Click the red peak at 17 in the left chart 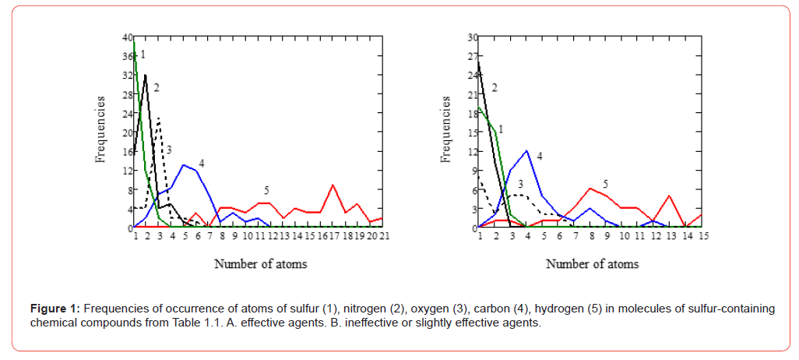pos(333,185)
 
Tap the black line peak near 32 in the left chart pos(146,76)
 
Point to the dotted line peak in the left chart pos(158,118)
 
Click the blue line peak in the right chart pos(527,151)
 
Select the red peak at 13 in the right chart pos(669,196)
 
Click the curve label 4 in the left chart pos(201,164)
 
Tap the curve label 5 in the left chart pos(267,190)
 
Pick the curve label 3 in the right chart pos(519,183)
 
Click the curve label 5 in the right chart pos(605,184)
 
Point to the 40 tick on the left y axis pos(127,37)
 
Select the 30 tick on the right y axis pos(471,37)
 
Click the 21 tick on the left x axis pos(384,236)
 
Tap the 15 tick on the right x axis pos(702,236)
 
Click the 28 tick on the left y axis pos(127,94)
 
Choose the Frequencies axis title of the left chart pos(101,129)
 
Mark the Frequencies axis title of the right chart pos(446,129)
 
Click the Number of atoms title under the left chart pos(260,263)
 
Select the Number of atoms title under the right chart pos(592,263)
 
